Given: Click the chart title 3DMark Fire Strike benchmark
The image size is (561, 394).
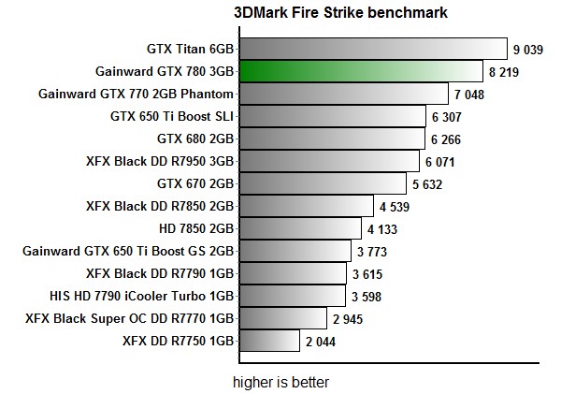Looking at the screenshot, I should pyautogui.click(x=340, y=13).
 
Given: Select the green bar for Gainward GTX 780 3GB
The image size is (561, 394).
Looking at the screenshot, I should pyautogui.click(x=360, y=71).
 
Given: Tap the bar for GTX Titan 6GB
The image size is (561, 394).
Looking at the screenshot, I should pyautogui.click(x=373, y=49).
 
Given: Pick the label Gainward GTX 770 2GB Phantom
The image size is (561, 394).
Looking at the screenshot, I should pyautogui.click(x=136, y=94).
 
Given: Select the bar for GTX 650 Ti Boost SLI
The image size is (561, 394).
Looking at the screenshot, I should pyautogui.click(x=333, y=117).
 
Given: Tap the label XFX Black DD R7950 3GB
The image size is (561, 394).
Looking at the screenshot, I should pyautogui.click(x=159, y=161).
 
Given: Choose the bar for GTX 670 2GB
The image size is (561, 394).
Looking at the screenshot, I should pyautogui.click(x=323, y=183).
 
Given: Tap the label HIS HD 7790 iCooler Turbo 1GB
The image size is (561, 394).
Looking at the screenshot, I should pyautogui.click(x=141, y=296).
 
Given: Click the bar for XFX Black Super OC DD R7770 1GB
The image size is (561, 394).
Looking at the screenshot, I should pyautogui.click(x=283, y=319).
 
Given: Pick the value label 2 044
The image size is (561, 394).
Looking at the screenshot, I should pyautogui.click(x=320, y=342).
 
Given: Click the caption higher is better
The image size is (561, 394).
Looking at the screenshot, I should pyautogui.click(x=280, y=382).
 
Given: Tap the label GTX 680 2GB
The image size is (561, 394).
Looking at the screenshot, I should pyautogui.click(x=195, y=139).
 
